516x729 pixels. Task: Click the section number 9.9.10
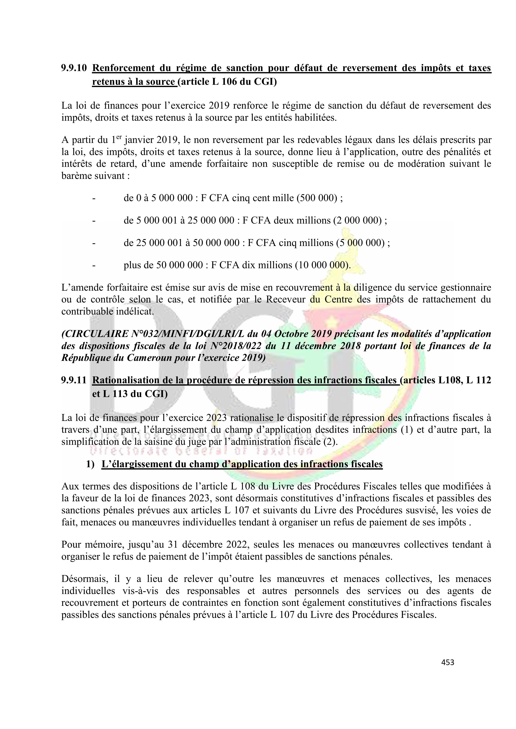click(x=74, y=68)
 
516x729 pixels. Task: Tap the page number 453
click(x=448, y=662)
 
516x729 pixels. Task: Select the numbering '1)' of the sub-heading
click(x=90, y=464)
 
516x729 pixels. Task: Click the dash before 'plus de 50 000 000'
click(x=94, y=265)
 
